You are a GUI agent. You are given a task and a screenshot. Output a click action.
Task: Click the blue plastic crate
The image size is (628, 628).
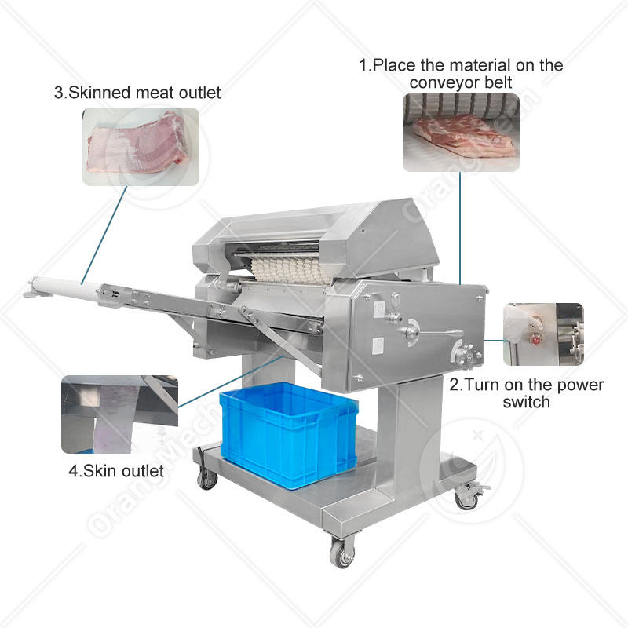(x=288, y=435)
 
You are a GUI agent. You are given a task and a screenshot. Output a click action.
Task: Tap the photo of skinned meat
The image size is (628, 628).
(x=141, y=147)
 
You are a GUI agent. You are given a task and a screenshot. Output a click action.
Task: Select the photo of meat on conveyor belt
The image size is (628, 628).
(x=461, y=133)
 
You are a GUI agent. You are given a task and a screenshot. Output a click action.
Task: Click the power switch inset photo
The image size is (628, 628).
(x=543, y=334)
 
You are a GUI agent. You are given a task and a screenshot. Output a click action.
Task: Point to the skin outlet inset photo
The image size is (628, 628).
(x=120, y=414)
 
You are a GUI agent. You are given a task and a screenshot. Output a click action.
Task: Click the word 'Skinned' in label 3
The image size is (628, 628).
(x=100, y=93)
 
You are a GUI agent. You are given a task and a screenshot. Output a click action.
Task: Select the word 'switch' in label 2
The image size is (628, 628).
(x=526, y=402)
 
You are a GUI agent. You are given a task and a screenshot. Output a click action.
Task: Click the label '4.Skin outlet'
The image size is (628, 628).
(x=116, y=471)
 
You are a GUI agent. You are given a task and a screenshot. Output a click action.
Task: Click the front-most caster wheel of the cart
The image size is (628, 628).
(x=341, y=554)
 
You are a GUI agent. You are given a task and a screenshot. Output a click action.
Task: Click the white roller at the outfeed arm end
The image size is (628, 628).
(x=66, y=288)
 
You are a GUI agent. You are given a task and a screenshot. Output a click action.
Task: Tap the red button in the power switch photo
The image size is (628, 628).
(x=535, y=340)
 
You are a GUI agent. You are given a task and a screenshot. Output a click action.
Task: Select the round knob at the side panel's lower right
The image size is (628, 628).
(x=465, y=356)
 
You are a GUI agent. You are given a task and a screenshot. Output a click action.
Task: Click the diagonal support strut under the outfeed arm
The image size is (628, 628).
(x=280, y=342)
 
